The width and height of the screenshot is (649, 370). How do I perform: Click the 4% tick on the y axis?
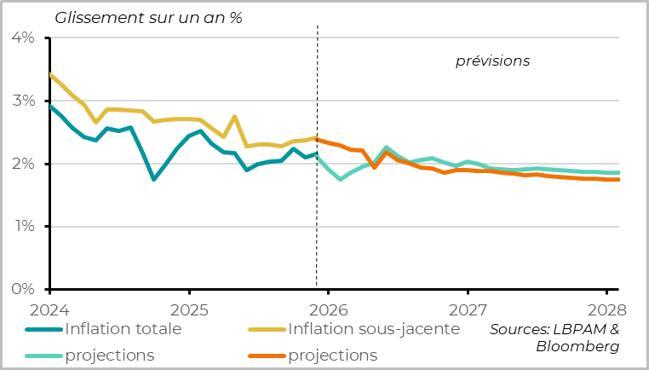click(22, 38)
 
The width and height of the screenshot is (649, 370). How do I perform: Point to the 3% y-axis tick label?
click(22, 101)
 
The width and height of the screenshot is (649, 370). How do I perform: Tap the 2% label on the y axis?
click(22, 164)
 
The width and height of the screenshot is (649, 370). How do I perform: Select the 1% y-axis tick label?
click(22, 227)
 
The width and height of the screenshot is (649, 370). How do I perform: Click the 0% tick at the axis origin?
click(22, 289)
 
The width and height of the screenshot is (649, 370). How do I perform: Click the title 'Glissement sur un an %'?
click(149, 18)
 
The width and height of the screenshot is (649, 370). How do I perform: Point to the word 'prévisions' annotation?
click(493, 61)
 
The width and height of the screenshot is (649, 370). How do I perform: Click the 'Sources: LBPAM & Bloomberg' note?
click(554, 338)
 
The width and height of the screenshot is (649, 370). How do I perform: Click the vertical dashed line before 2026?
click(317, 213)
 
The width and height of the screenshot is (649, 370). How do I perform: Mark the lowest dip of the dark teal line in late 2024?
click(153, 179)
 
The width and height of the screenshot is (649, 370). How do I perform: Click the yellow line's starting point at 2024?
click(49, 75)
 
